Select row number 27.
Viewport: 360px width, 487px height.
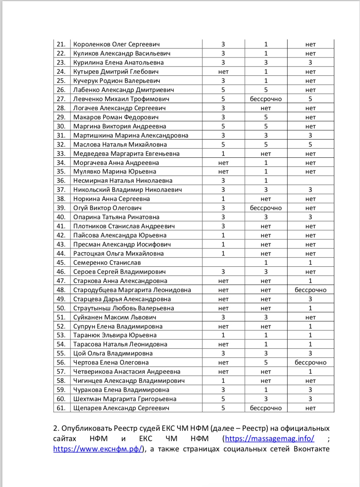pos(61,99)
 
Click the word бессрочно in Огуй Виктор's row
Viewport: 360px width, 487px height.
pos(266,208)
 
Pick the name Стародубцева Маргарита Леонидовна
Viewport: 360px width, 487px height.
pos(132,290)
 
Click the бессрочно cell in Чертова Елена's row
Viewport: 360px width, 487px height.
pos(310,363)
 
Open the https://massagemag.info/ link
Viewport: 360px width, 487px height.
pos(270,439)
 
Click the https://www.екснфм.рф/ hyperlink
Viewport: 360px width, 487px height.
pos(98,449)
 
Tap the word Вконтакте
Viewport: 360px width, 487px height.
pos(312,449)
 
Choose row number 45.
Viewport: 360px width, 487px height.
pos(61,263)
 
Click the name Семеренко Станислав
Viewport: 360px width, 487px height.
pos(107,263)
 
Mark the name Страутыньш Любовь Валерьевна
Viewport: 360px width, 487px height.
pos(124,308)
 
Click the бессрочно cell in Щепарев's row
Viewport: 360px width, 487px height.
pos(266,408)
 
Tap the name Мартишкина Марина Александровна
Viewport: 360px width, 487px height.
pos(131,136)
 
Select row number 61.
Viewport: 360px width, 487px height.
pos(61,408)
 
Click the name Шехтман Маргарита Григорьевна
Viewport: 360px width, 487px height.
pos(125,399)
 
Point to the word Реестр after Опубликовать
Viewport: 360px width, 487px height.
pos(133,428)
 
